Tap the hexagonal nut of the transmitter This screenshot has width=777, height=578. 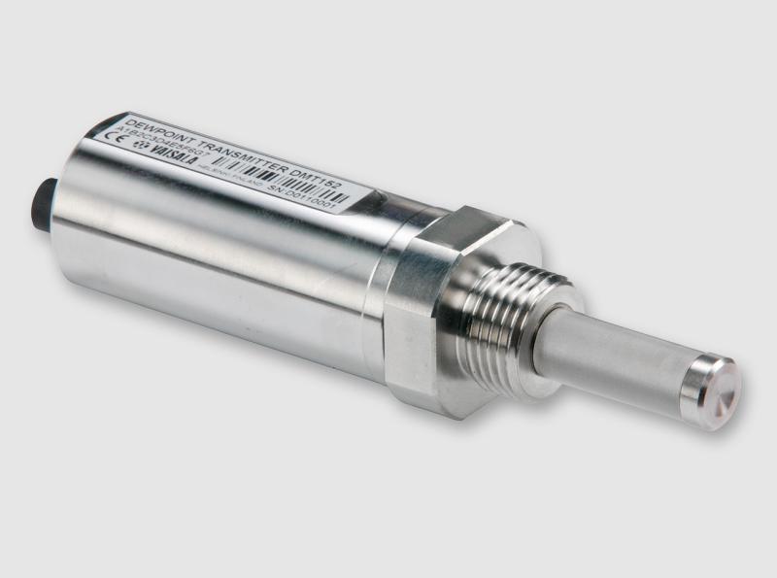(x=427, y=311)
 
